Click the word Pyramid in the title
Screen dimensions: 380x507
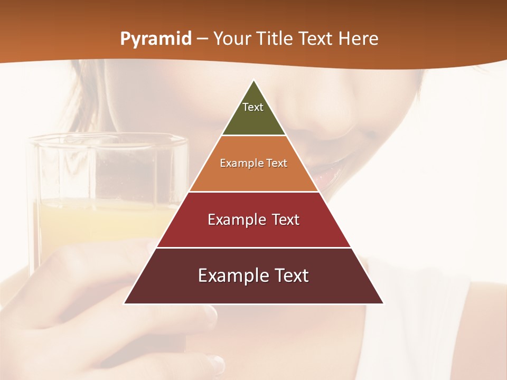(x=155, y=39)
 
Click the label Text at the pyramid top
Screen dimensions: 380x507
(x=253, y=107)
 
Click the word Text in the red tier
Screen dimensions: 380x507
(x=283, y=220)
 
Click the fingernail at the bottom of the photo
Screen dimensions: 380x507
(x=215, y=363)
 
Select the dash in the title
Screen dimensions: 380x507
(x=202, y=39)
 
